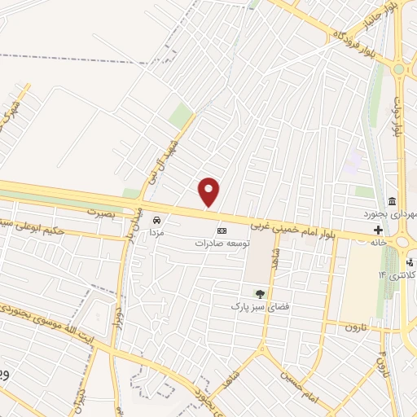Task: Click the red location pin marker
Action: pos(209,191)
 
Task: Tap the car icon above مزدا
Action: pos(156,220)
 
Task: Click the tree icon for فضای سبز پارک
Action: pos(260,294)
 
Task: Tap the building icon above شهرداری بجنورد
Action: pos(393,201)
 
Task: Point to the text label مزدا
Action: pos(156,233)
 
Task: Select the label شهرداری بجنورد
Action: pos(391,214)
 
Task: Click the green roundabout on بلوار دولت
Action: pos(398,69)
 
